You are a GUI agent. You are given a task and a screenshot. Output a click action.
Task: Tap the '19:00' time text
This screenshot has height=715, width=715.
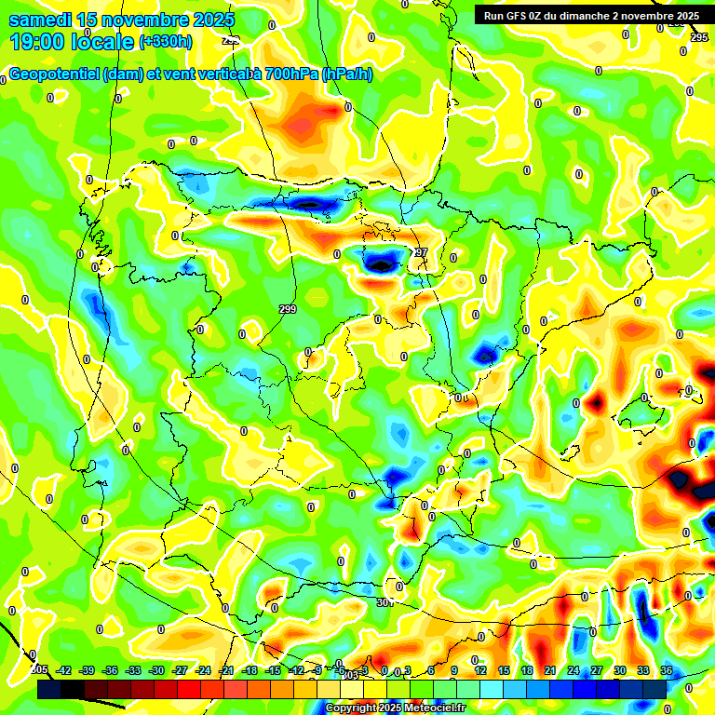coord(38,42)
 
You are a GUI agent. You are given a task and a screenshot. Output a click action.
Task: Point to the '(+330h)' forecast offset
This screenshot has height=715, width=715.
coord(166,42)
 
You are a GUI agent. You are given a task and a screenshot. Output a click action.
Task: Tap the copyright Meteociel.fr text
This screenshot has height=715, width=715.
coord(396,708)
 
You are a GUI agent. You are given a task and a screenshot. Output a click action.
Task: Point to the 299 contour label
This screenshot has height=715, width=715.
coord(288,309)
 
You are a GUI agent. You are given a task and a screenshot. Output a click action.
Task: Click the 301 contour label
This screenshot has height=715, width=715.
coord(385,602)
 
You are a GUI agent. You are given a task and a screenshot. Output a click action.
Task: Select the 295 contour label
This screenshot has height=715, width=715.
coord(700,37)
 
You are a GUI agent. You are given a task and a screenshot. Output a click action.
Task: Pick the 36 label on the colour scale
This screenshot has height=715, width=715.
coord(667,670)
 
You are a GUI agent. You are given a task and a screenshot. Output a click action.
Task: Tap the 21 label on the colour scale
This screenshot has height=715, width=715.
coord(550,670)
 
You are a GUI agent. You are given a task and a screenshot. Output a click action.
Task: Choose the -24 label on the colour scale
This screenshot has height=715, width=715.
coord(203,670)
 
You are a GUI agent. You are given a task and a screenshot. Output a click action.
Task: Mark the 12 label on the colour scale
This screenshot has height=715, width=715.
coord(480,670)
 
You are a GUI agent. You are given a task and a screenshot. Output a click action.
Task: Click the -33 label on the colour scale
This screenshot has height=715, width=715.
coord(134,670)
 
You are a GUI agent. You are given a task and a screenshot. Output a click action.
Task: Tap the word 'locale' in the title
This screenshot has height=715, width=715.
coord(102,42)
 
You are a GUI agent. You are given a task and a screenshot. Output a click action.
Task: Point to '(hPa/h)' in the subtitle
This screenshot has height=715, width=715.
coord(346,74)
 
